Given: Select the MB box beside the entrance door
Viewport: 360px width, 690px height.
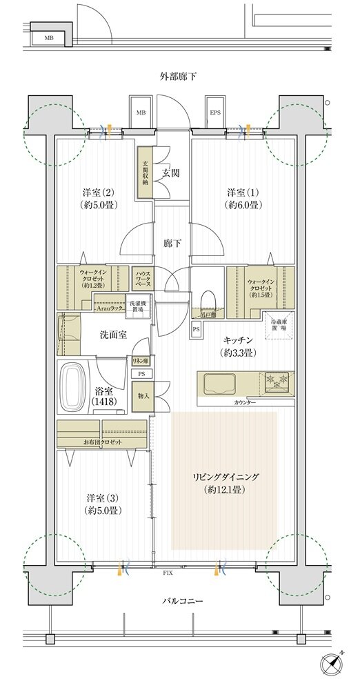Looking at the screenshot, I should (141, 112).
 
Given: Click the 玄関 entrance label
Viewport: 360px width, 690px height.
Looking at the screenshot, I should (171, 172).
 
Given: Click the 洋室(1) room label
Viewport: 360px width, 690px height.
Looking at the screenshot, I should (243, 197).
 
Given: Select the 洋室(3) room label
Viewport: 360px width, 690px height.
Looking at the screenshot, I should (104, 504).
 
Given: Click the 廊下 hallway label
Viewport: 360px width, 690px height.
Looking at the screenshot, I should (172, 243).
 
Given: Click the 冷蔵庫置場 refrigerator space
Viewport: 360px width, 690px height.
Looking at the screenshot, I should (279, 325).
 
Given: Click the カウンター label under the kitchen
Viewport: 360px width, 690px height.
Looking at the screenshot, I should (245, 402).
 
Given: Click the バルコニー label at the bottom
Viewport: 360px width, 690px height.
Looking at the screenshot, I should (183, 602).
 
